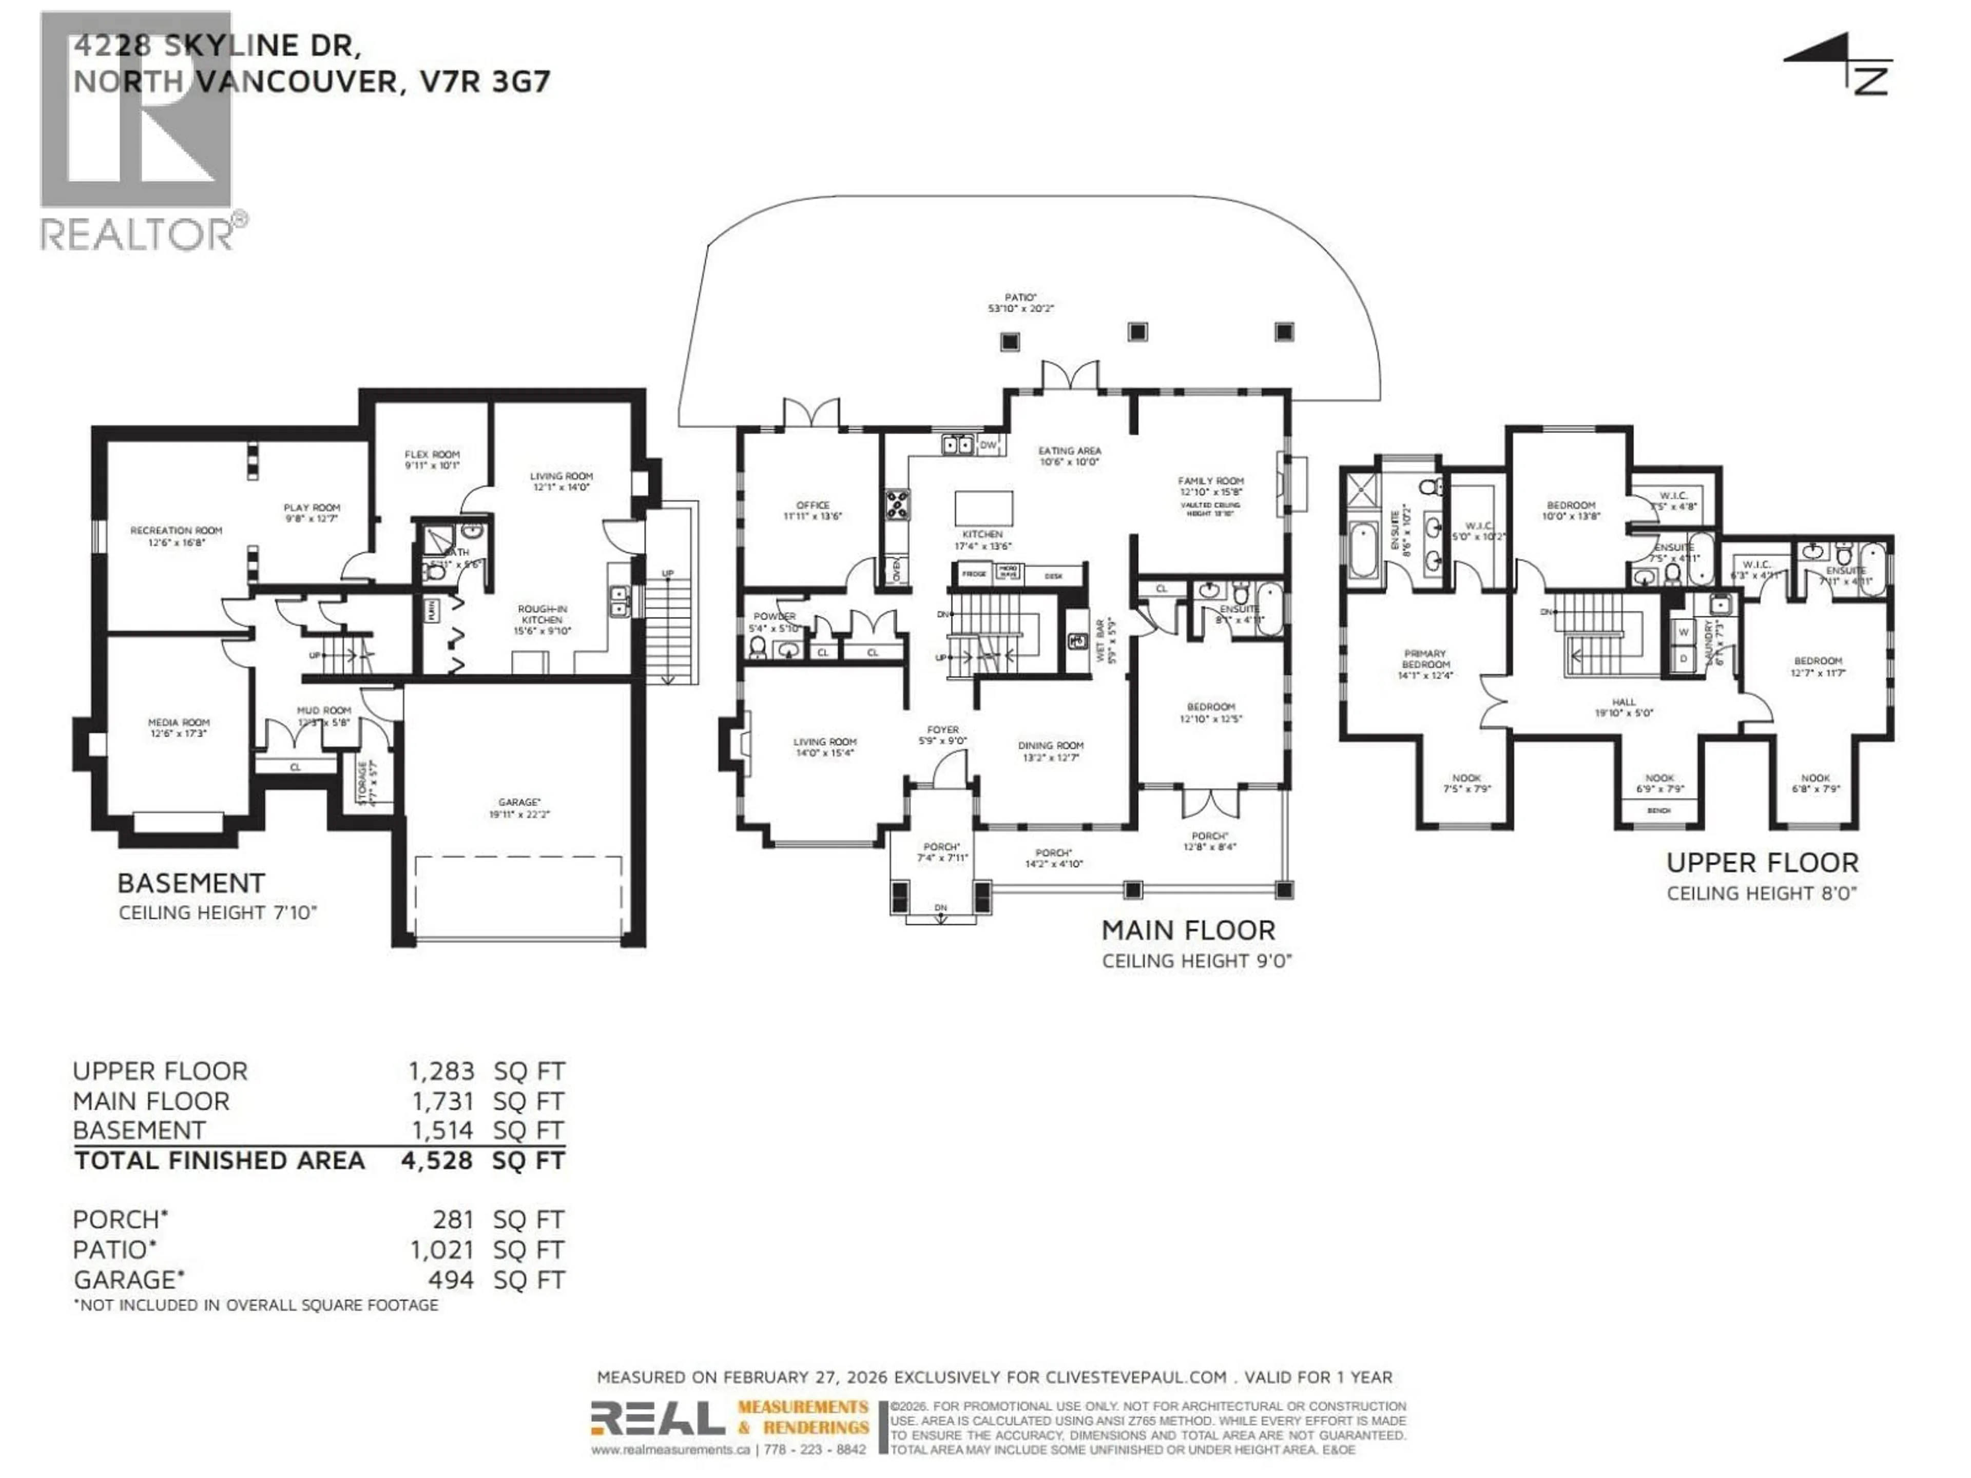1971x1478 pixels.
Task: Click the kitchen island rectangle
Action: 984,509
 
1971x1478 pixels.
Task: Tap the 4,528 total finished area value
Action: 437,1161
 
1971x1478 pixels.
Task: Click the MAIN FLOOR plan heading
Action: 1188,930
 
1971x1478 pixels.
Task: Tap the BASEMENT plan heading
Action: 191,883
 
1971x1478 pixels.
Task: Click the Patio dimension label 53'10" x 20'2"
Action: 1020,308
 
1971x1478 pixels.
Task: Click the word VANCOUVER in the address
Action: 296,82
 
